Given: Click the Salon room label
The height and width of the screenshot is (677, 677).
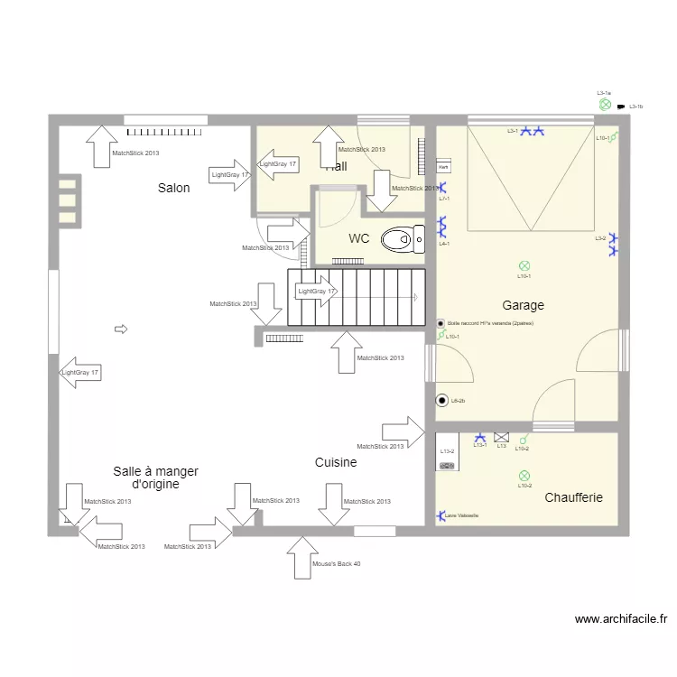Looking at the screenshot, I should pos(173,188).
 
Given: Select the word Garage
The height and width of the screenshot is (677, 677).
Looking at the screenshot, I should pos(523,305).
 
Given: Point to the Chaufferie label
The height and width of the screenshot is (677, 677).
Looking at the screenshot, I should pos(573,497).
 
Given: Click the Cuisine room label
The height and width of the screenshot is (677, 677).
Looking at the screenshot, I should pos(335,462).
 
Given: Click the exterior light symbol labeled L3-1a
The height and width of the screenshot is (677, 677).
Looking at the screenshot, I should pos(605,105).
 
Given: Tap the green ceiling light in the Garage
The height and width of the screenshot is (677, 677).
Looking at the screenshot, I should pos(524,265).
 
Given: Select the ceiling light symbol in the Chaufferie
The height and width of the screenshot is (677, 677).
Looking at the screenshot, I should pos(524,476).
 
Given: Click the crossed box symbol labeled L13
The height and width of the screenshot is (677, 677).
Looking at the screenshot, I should pos(501,437).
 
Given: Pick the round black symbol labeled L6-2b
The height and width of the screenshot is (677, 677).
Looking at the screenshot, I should pos(441,400).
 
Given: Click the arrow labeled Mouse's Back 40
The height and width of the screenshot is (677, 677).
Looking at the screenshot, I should pos(302,557).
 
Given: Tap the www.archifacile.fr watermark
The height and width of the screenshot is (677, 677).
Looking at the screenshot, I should pos(621,619).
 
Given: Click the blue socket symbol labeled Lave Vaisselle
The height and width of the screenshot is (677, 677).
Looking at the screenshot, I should pos(441,516).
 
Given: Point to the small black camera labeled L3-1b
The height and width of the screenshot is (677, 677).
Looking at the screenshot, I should pos(621,107).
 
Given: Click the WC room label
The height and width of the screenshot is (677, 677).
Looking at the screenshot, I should pos(358,239).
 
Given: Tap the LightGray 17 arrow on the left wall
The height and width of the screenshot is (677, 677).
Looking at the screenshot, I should pos(79,372).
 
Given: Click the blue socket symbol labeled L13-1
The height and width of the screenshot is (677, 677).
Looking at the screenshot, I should pos(479,436).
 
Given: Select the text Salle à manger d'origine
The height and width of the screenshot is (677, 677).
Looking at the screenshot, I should pos(155,478).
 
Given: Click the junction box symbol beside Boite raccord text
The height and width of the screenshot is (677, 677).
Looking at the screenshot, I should pos(441,323).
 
